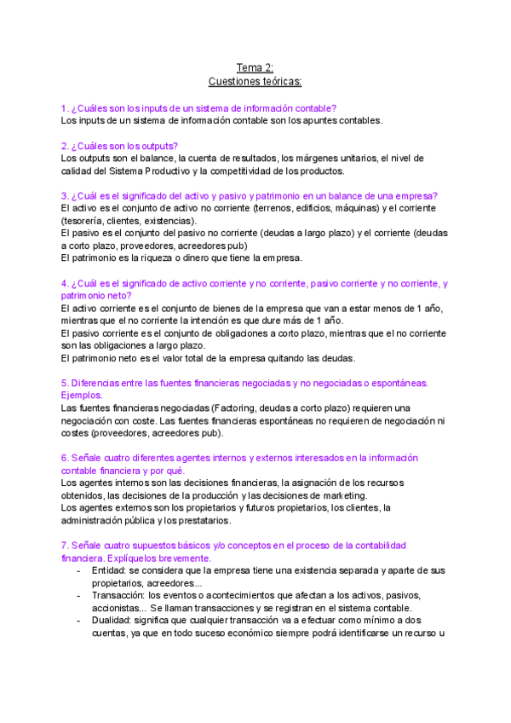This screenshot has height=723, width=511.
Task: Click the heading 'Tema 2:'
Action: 255,67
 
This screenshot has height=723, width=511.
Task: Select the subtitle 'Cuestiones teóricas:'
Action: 255,81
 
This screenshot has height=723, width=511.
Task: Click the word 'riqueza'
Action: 158,258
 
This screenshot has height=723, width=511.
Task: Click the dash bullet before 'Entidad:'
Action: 78,570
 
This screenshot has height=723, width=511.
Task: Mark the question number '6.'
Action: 65,458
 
